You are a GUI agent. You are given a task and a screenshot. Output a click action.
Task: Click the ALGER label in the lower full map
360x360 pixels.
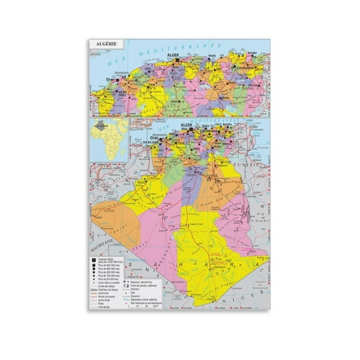pos(186,125)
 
